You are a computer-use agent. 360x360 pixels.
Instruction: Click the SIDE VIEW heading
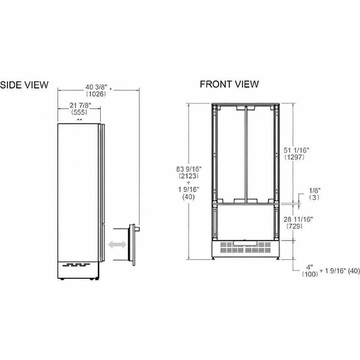click(24, 85)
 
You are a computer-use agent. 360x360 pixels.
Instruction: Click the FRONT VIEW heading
click(229, 84)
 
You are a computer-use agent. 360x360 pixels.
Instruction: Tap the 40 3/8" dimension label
click(96, 87)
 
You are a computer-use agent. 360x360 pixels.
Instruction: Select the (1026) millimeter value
click(96, 94)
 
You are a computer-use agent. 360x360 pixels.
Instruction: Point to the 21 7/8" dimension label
click(80, 105)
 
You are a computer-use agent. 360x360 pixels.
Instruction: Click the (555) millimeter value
click(79, 112)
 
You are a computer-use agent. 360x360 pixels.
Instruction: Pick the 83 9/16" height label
click(189, 169)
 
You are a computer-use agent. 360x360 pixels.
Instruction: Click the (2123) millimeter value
click(188, 176)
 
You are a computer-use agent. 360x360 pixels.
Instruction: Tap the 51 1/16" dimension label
click(296, 150)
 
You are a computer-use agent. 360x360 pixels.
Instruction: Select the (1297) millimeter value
click(294, 157)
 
